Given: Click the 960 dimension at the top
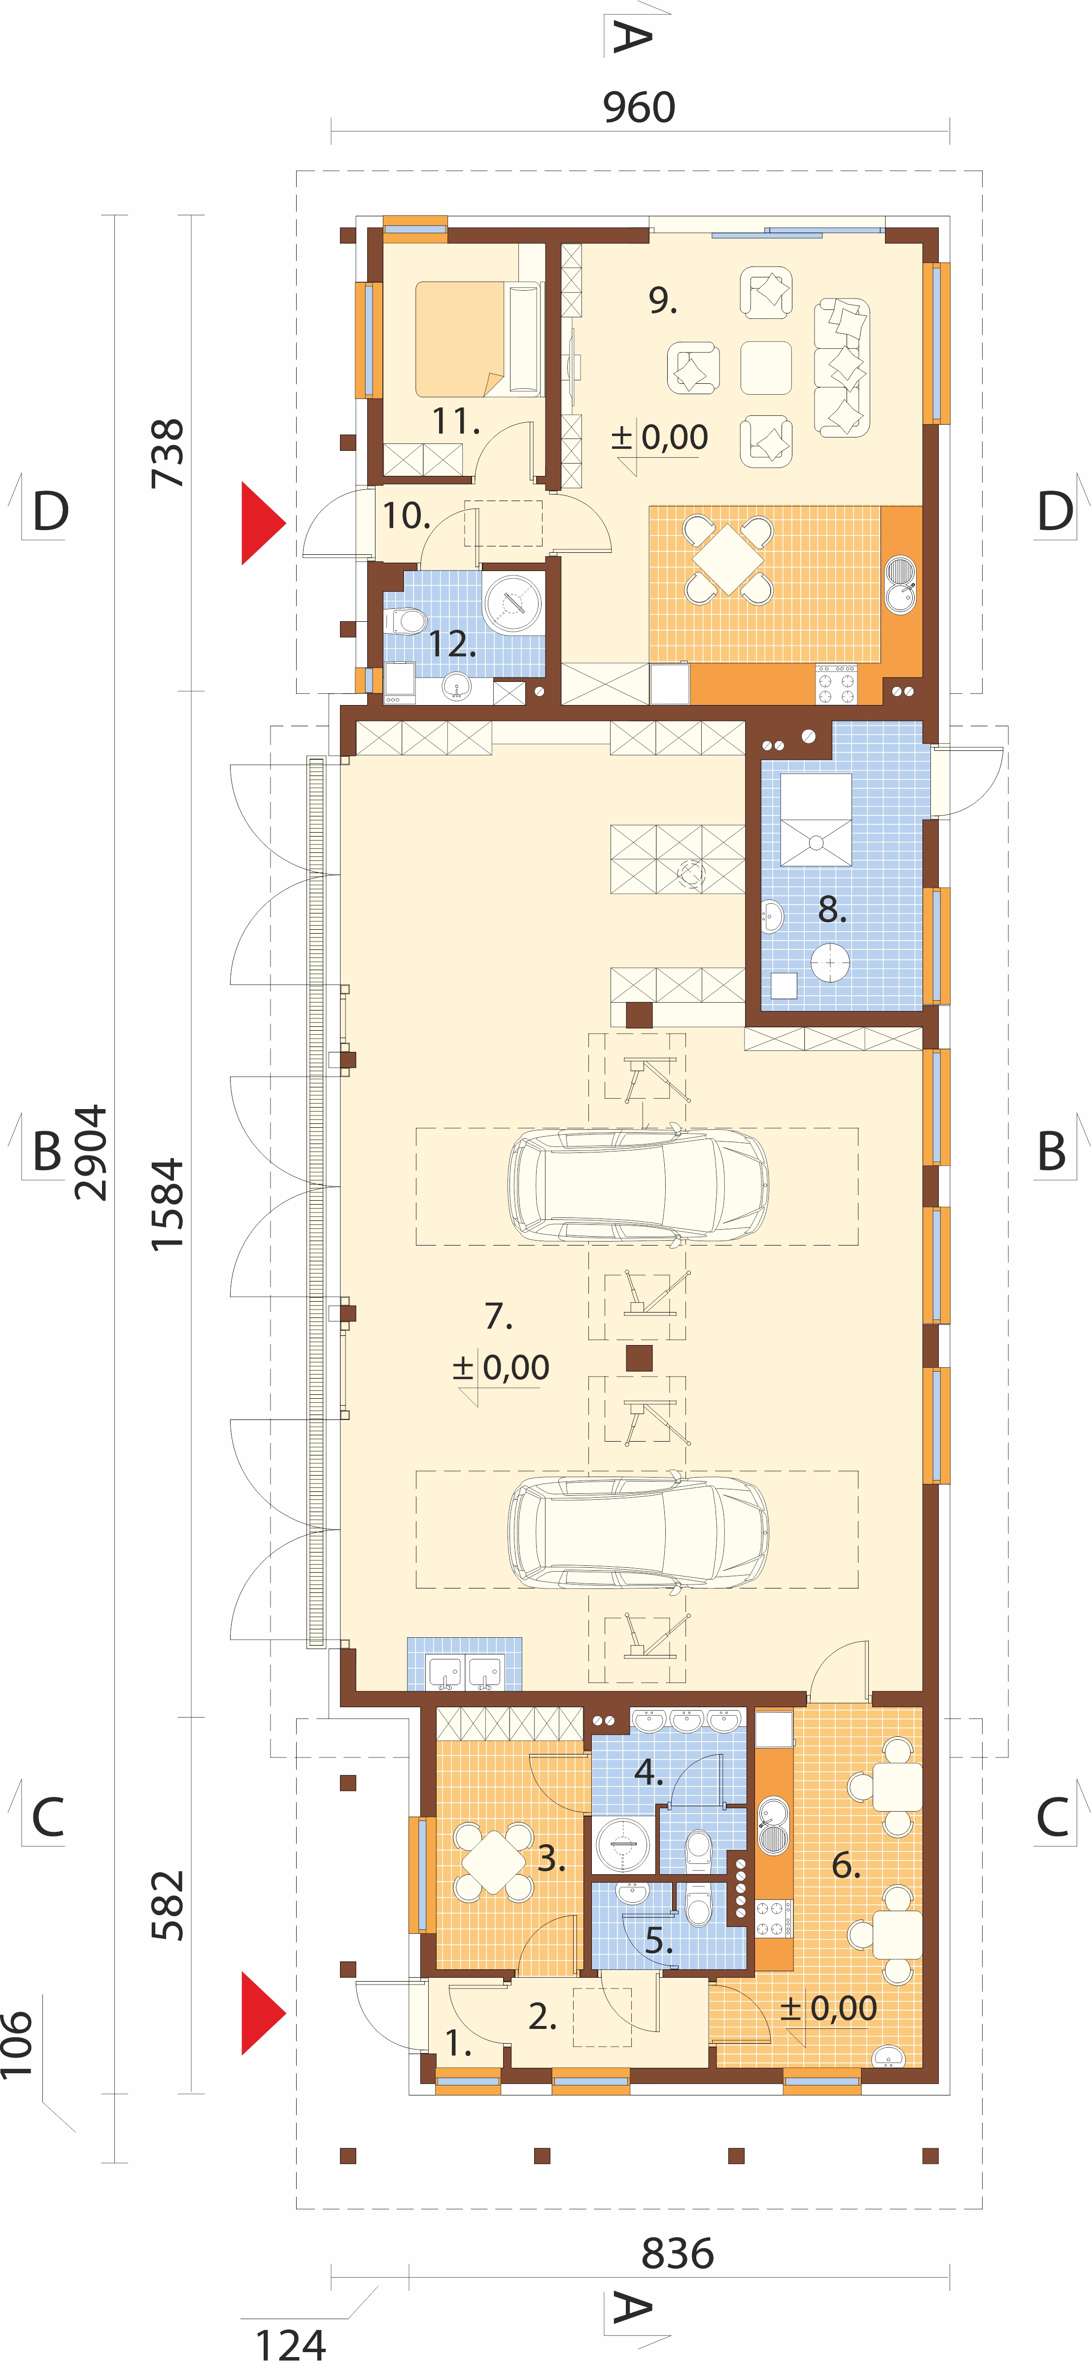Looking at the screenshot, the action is point(639,107).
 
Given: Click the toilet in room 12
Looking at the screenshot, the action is point(405,621).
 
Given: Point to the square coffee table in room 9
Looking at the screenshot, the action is point(766,368).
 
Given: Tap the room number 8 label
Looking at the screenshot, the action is point(831,909).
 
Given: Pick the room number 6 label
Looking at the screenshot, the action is point(845,1865).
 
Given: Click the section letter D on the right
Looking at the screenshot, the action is point(1055,511).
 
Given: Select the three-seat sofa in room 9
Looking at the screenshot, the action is point(842,368).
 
